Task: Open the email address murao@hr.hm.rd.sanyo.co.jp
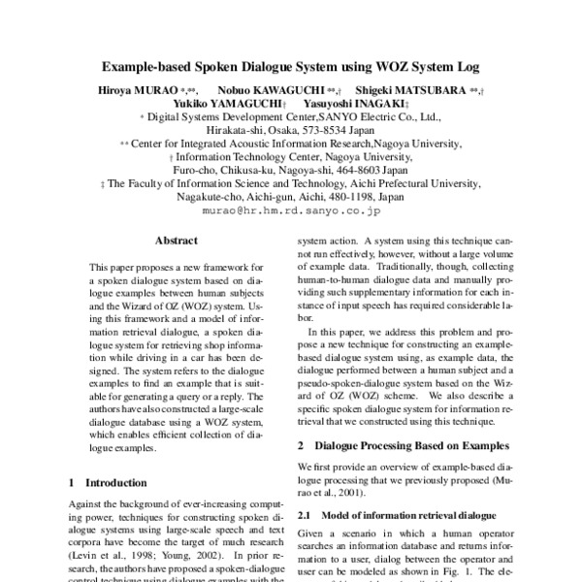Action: pos(291,209)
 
